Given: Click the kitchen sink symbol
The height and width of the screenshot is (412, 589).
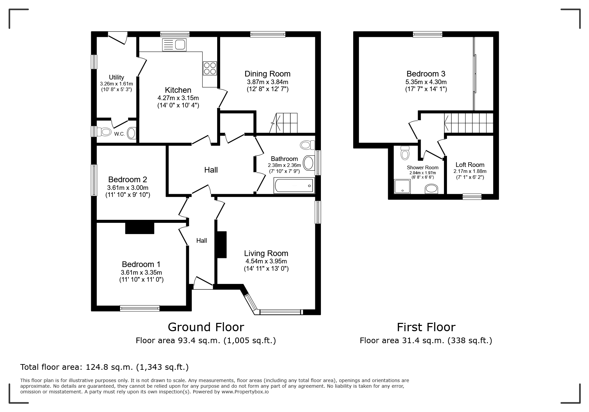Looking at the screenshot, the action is (175, 45).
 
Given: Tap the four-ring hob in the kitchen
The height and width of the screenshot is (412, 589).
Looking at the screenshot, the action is (210, 68).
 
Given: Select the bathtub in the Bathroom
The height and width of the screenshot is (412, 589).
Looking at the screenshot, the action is (294, 185).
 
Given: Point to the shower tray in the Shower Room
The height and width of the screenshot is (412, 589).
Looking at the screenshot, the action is (402, 186).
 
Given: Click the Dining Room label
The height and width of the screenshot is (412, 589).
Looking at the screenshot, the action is (267, 74).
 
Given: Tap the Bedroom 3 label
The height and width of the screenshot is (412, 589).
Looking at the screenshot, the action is (426, 74).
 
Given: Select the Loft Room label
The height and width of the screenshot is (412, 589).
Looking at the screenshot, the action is (470, 165).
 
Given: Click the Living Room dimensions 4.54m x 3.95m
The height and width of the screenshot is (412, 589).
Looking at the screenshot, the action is (266, 261).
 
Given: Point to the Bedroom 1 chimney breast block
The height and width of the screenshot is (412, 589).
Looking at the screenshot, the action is (140, 228).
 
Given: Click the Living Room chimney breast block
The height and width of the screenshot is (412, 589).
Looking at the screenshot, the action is (221, 244).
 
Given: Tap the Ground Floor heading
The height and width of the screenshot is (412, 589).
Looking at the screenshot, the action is (206, 327).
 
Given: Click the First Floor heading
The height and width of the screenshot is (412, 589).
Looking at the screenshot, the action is (426, 327).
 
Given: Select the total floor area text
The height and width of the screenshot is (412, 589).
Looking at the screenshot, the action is (104, 367).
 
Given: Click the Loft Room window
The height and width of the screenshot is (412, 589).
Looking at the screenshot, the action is (472, 197).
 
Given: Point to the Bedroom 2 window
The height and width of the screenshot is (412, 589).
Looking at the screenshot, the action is (94, 180).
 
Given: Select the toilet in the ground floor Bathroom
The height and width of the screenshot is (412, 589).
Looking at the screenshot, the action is (308, 145).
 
